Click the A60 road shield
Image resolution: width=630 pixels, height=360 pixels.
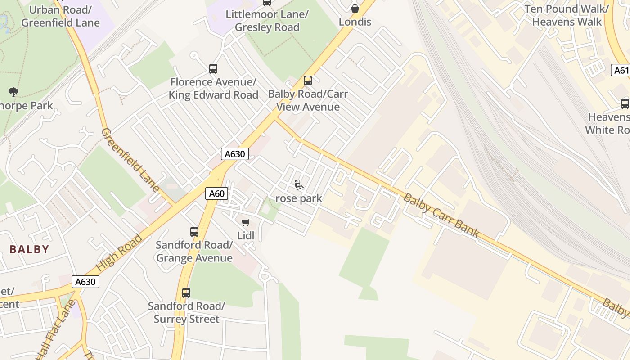click(217, 193)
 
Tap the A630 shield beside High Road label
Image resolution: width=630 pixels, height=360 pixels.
click(85, 282)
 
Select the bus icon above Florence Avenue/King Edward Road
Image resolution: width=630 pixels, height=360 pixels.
click(213, 69)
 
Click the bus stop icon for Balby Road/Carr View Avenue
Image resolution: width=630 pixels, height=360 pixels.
click(308, 81)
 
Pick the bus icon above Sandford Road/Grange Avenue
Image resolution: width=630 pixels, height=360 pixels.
click(194, 232)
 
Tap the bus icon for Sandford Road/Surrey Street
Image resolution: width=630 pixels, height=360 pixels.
click(186, 293)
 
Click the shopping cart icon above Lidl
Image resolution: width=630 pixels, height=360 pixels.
click(246, 222)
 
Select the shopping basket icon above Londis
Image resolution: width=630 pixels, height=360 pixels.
click(355, 8)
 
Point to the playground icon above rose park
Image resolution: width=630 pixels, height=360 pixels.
click(298, 184)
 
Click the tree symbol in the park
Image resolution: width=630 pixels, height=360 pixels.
click(13, 92)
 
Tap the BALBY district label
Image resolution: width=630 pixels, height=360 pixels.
click(29, 249)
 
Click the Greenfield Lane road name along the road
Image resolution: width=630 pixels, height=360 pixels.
click(130, 160)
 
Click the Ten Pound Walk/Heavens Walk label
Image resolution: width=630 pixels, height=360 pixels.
click(567, 15)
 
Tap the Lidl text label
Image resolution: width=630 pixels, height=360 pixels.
click(246, 235)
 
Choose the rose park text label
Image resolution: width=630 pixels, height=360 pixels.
click(299, 198)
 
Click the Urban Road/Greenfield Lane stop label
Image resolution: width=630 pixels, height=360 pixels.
click(60, 16)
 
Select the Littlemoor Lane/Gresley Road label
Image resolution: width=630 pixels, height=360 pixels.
click(267, 21)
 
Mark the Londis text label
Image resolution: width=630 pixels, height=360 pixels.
click(355, 22)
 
